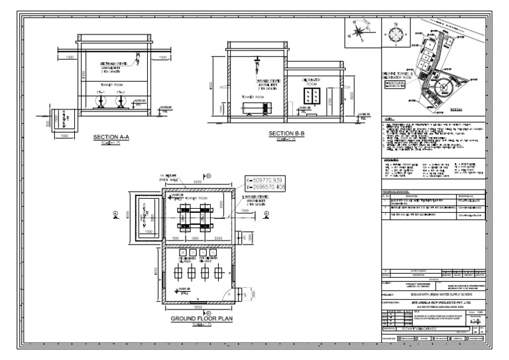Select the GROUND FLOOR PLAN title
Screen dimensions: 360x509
tap(199, 319)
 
